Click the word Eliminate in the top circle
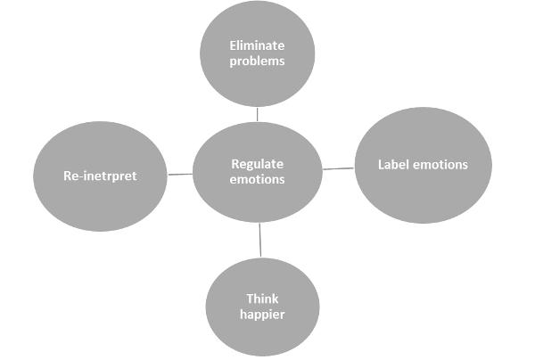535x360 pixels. point(258,45)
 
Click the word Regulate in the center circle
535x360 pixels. point(257,164)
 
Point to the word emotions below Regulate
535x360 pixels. point(257,179)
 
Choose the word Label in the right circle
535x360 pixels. point(394,165)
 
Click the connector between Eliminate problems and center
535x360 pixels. point(257,114)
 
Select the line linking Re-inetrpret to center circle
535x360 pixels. point(181,174)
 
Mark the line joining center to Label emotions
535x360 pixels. point(337,168)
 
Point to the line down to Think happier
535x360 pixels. point(260,240)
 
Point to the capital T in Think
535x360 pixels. point(250,299)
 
